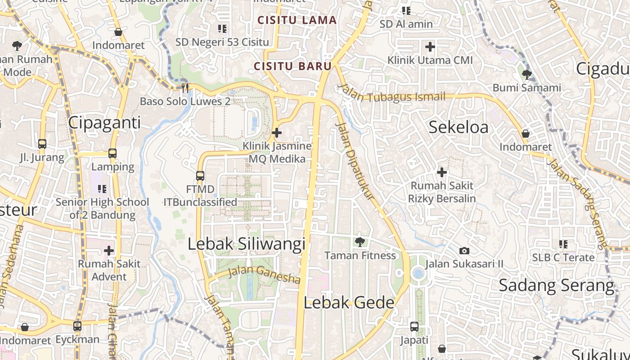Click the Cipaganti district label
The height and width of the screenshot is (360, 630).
click(104, 123)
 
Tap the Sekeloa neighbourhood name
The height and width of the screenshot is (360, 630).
click(458, 127)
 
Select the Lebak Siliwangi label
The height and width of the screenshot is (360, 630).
click(246, 244)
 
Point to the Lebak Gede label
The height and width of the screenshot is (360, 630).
click(349, 303)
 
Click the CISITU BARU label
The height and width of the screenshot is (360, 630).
click(293, 66)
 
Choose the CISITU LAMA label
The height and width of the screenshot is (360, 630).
click(297, 20)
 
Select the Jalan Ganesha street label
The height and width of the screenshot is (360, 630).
click(264, 274)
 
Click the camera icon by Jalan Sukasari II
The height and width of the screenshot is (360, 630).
click(464, 251)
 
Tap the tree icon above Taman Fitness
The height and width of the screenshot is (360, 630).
click(360, 242)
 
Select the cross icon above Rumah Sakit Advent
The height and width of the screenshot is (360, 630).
click(109, 251)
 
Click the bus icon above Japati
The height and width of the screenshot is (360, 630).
click(414, 327)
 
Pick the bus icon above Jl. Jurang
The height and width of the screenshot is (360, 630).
click(42, 144)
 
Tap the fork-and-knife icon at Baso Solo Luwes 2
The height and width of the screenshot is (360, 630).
click(185, 88)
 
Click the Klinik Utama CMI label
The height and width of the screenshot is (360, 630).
click(430, 60)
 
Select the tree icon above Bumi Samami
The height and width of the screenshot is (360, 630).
click(526, 74)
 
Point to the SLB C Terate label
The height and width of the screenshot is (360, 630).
click(563, 258)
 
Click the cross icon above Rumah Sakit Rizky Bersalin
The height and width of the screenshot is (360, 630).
click(442, 172)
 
